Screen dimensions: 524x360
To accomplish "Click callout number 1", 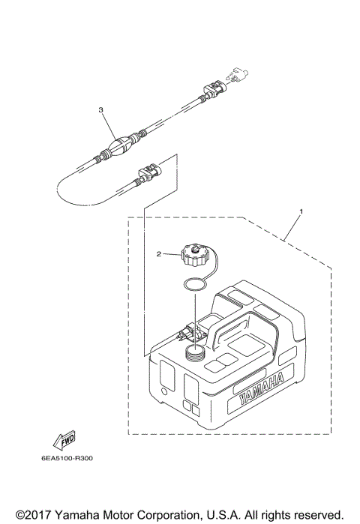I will coord(301,212).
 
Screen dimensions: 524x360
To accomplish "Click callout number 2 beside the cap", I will coord(159,254).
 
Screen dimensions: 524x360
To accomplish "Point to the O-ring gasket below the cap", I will coord(195,284).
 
